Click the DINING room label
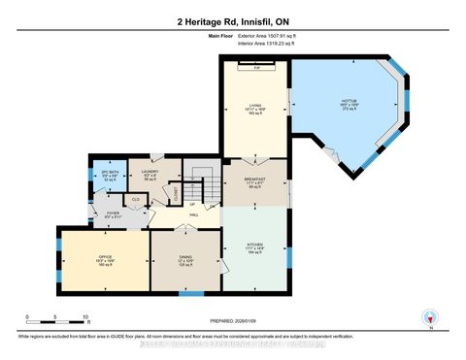tap(185, 259)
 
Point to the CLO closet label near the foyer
tap(135, 200)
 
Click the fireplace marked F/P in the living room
tap(256, 68)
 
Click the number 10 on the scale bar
tap(86, 317)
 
